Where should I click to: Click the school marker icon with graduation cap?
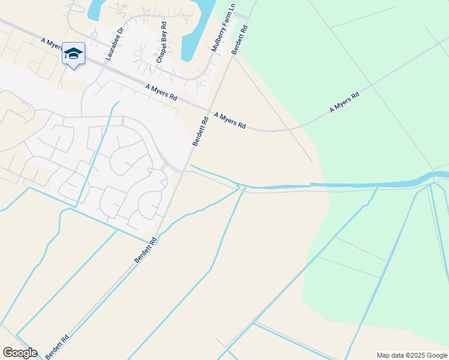pos(73,54)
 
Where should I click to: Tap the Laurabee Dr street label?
pos(113,44)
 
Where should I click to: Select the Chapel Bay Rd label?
pos(161,43)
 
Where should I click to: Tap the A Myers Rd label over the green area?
pos(344,103)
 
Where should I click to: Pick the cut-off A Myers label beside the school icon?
pos(52,44)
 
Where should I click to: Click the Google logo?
pos(20,352)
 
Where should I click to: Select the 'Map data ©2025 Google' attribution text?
pos(412,355)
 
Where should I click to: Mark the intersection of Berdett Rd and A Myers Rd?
pos(208,110)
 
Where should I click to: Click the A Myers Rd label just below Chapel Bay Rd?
pos(161,92)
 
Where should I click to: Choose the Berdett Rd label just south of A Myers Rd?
pos(200,131)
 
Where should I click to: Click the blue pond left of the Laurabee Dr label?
pos(95,9)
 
